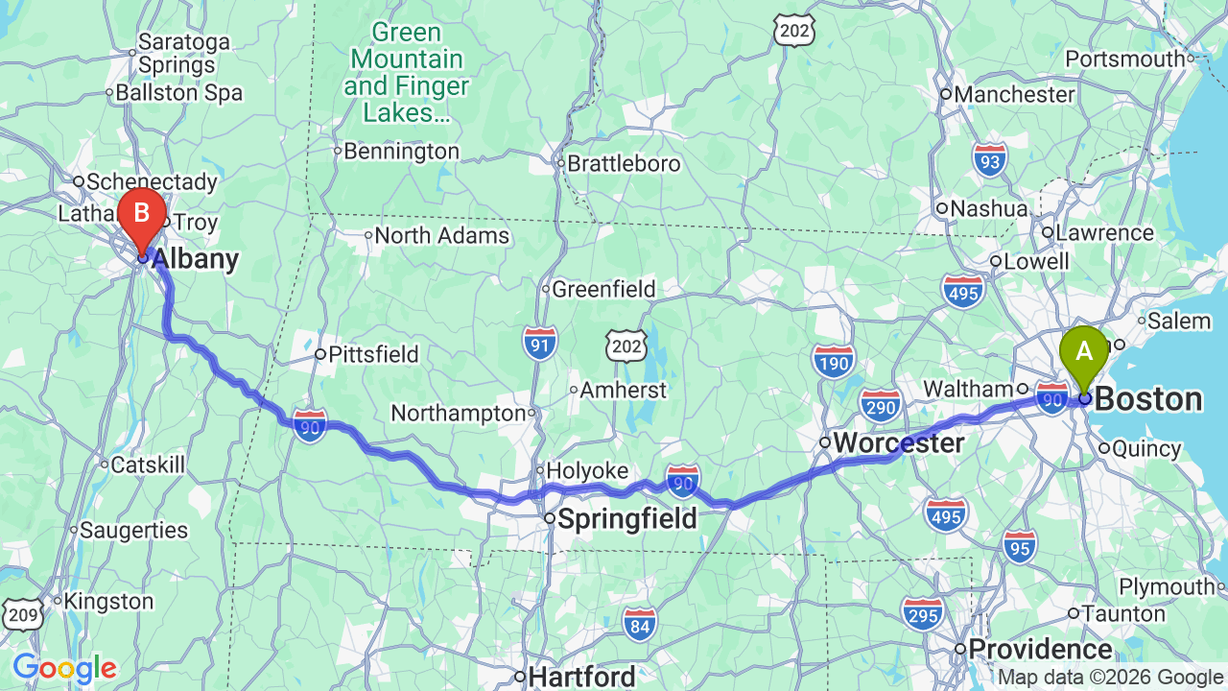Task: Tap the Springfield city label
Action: pyautogui.click(x=626, y=519)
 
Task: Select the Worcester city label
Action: pyautogui.click(x=898, y=442)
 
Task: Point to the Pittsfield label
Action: pyautogui.click(x=373, y=354)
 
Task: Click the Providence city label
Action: pyautogui.click(x=1040, y=649)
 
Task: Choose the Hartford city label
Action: pyautogui.click(x=581, y=677)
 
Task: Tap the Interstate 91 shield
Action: pyautogui.click(x=541, y=343)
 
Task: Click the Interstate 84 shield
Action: pyautogui.click(x=639, y=624)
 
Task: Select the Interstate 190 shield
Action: pyautogui.click(x=833, y=361)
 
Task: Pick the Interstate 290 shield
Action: pyautogui.click(x=881, y=406)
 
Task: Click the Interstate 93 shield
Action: pyautogui.click(x=990, y=161)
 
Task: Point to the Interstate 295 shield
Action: pyautogui.click(x=922, y=613)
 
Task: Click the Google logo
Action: pyautogui.click(x=64, y=668)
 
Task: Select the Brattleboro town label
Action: pyautogui.click(x=624, y=163)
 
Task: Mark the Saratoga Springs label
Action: pyautogui.click(x=184, y=54)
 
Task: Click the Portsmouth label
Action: pyautogui.click(x=1125, y=59)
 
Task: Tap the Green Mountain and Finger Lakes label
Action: pyautogui.click(x=406, y=73)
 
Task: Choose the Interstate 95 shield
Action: pyautogui.click(x=1020, y=545)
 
